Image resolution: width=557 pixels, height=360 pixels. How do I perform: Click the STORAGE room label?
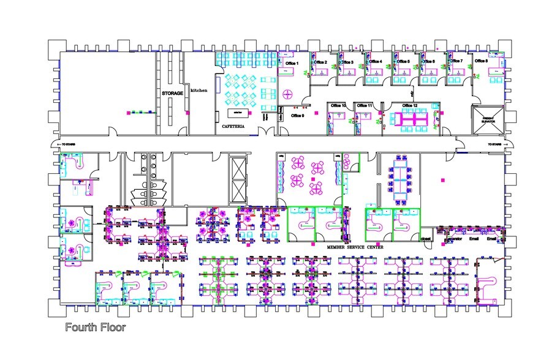coord(172,93)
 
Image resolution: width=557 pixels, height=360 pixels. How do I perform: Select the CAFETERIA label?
coord(233,127)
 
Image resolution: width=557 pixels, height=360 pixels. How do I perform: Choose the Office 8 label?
coord(482,61)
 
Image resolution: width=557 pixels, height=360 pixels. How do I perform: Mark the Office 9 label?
coord(298,115)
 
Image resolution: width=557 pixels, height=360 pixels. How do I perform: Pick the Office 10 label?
coord(338,106)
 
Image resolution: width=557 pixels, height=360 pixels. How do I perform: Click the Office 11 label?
coord(365,106)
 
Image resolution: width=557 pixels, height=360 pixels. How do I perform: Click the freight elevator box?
coord(488,119)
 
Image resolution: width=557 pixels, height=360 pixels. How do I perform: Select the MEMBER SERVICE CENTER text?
coord(355,247)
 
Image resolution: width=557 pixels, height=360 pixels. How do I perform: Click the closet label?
coord(426,239)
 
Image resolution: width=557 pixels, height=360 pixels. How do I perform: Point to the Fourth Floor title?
coord(96,328)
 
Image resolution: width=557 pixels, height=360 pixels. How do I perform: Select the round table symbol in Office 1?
coord(289,94)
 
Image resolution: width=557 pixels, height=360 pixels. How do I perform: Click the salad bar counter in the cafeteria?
coord(237,113)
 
